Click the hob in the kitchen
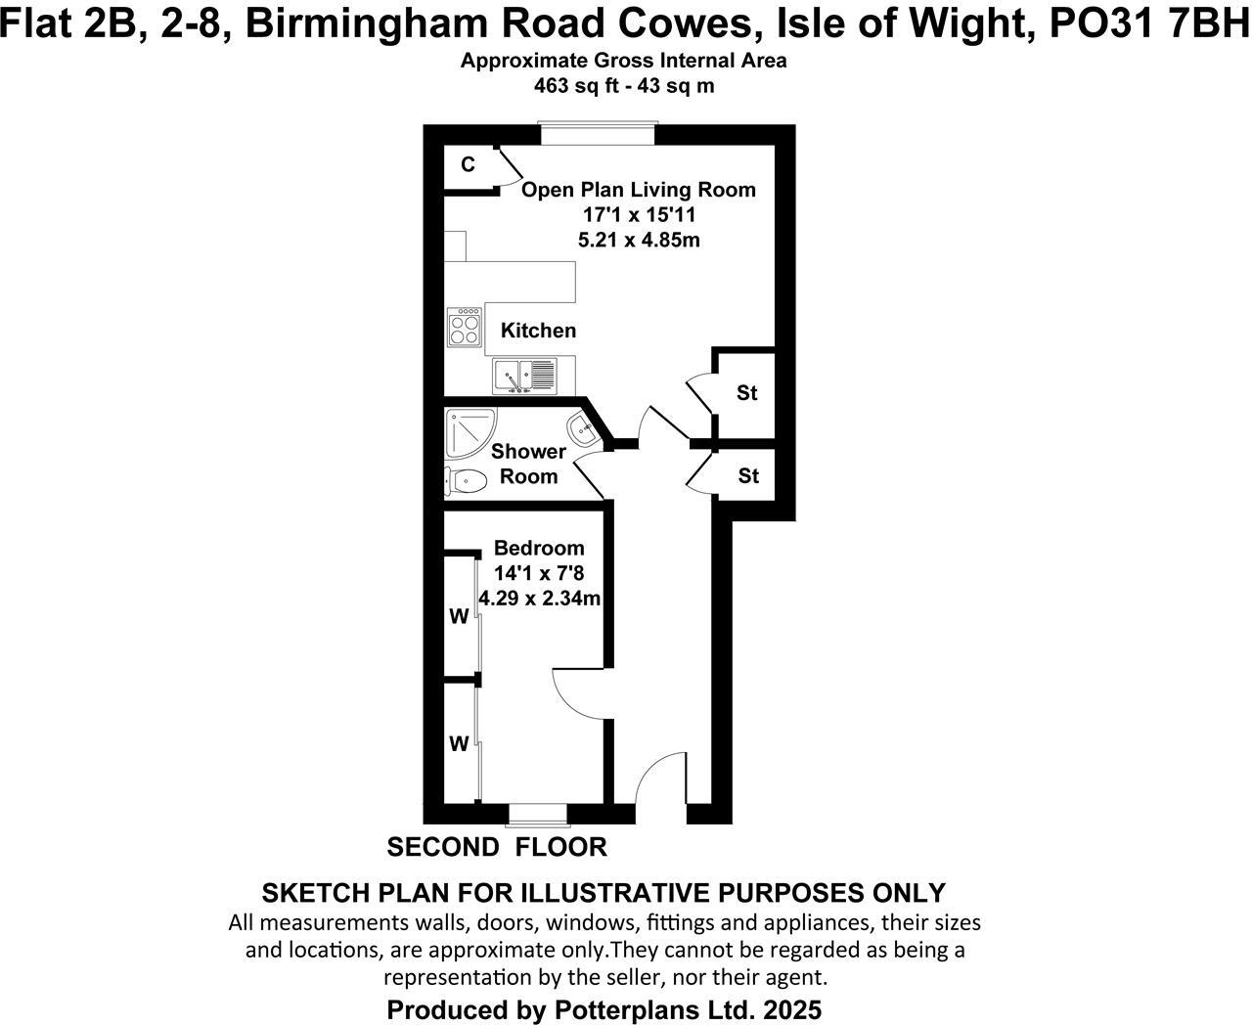(x=464, y=328)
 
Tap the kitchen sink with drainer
(x=524, y=376)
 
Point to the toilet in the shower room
(x=468, y=480)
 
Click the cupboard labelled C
(x=469, y=165)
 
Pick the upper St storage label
(x=747, y=393)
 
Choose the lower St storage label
(x=748, y=476)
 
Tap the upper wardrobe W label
(x=459, y=616)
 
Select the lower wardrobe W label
(x=459, y=743)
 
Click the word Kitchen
(x=538, y=331)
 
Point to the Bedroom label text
(x=539, y=548)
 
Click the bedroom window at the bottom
(x=538, y=814)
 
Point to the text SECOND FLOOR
(x=497, y=847)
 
